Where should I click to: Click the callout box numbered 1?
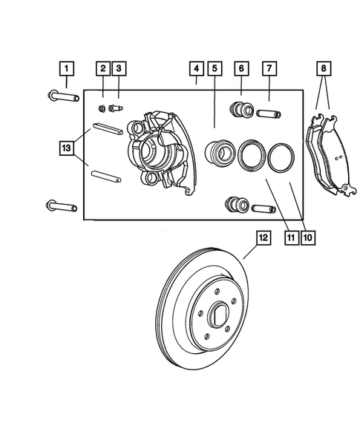point(66,70)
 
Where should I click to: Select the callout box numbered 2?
point(102,70)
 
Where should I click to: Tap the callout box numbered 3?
point(119,70)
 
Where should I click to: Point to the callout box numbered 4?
point(195,70)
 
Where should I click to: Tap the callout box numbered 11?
point(291,238)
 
